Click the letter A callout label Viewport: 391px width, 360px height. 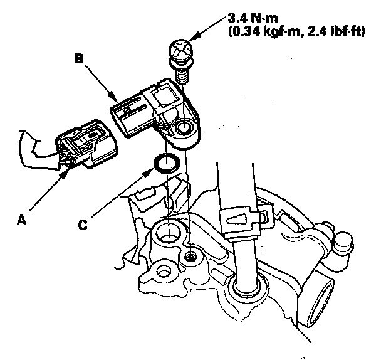click(23, 220)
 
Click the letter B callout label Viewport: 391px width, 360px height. click(80, 58)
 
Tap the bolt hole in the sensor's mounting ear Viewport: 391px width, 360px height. click(185, 129)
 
